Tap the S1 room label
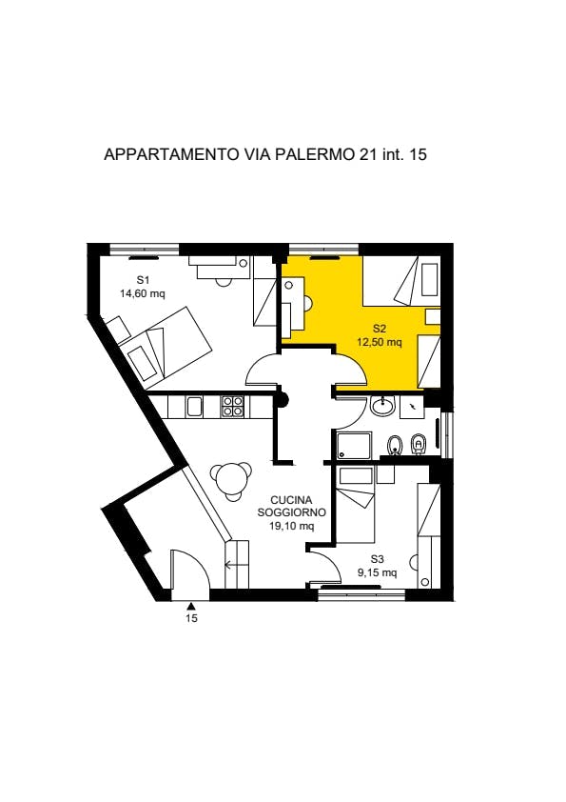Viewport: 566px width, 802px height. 143,280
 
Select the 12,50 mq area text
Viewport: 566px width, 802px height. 379,342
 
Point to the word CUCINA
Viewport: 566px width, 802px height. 291,500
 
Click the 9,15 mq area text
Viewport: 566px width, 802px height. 377,572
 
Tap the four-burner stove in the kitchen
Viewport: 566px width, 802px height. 232,406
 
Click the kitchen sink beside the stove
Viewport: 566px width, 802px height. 195,407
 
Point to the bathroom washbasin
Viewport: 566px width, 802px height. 382,407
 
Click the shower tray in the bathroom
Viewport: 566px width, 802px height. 354,445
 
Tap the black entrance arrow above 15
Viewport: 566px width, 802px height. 190,606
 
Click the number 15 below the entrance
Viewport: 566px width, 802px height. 191,618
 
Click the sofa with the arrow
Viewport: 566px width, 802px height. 237,564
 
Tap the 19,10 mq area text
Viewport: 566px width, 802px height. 292,525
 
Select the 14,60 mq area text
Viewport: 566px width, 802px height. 143,293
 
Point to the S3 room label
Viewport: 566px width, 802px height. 377,559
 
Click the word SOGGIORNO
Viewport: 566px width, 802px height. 292,512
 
